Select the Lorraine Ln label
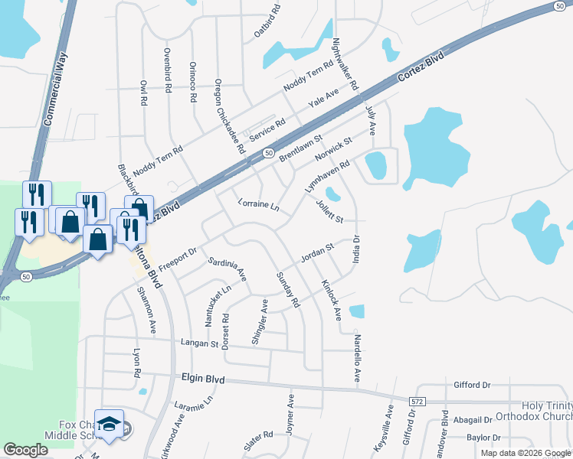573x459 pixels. pos(257,207)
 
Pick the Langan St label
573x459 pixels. pos(198,343)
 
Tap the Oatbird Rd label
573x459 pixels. pos(266,23)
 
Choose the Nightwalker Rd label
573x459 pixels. pos(345,64)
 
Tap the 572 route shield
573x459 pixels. pos(416,401)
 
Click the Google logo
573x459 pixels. pos(26,450)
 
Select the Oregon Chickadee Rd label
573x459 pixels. pos(228,115)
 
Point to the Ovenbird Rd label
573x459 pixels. pos(167,70)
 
